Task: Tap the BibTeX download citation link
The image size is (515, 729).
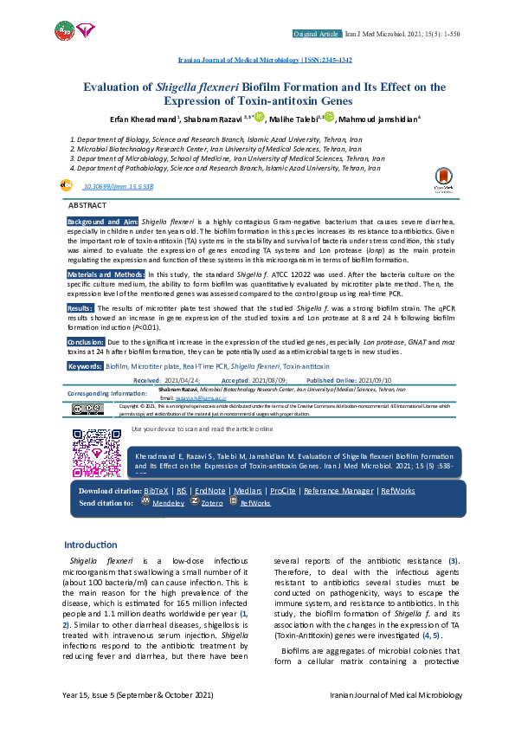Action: [x=157, y=491]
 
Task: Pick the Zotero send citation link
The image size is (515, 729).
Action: [x=212, y=502]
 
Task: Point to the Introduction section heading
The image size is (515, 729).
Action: [x=91, y=545]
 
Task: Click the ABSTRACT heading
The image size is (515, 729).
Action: [x=87, y=205]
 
